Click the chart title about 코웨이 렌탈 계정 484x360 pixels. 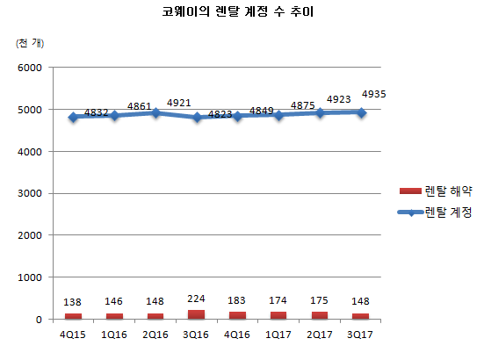242,13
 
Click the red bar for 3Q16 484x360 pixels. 195,314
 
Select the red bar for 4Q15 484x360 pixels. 73,316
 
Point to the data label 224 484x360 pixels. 195,298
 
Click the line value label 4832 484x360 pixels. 97,113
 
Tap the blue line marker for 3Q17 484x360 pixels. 359,112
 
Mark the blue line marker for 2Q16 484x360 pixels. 155,112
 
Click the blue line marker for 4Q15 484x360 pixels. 73,117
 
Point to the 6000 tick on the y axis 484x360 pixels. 30,68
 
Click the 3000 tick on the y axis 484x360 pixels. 30,193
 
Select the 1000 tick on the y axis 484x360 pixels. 30,277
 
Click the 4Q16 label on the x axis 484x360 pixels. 236,335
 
